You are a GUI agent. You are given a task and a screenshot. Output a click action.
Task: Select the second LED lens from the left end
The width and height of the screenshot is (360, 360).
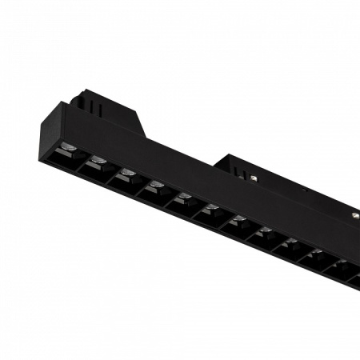point(98,161)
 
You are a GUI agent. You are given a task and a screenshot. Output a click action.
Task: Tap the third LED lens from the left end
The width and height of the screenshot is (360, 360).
point(127,173)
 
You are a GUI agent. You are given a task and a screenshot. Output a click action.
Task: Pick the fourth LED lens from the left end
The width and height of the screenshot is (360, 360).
point(156,186)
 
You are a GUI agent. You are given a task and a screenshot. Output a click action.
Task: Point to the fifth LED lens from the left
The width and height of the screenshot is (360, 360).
point(184,198)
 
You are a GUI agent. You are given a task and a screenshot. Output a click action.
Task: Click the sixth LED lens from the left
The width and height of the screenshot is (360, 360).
point(211,210)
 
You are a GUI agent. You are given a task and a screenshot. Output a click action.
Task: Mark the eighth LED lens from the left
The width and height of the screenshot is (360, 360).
point(265,232)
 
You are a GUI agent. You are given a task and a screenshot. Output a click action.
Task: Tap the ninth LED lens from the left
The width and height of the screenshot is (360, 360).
point(291,243)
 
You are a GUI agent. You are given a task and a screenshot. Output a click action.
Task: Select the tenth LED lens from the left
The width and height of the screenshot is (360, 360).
point(317,254)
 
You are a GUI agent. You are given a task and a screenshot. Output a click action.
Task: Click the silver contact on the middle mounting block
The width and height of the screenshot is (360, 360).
point(254,178)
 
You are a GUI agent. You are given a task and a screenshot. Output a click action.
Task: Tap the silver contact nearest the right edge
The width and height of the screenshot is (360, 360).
point(353,215)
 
